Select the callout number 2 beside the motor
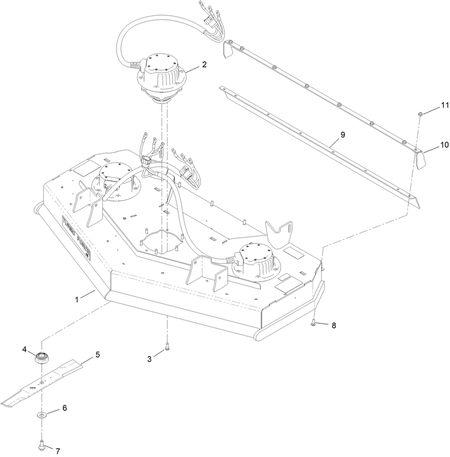click(205, 65)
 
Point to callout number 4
click(25, 349)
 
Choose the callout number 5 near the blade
click(97, 355)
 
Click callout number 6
click(64, 408)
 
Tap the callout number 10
click(444, 144)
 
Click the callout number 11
click(445, 105)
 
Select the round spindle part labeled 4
click(41, 358)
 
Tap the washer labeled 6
click(43, 415)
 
